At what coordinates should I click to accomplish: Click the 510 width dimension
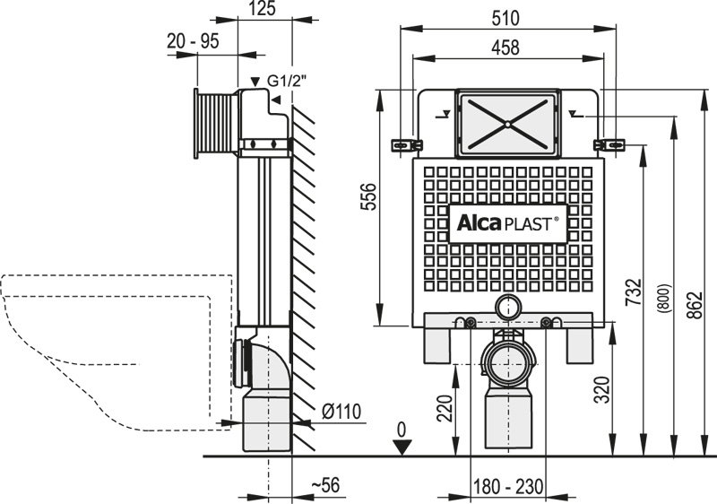505,18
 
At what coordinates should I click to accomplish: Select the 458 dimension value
505,48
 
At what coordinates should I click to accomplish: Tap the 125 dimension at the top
263,9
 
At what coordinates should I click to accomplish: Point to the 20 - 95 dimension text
193,41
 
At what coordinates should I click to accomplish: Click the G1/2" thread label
286,82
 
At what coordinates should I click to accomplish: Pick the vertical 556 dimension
368,196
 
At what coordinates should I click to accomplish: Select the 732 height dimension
634,292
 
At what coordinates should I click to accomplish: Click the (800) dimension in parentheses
664,299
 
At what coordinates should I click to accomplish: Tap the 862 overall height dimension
695,305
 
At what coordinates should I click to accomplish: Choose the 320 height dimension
602,390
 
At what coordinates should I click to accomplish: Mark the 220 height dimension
445,408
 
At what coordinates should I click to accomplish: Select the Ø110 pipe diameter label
341,411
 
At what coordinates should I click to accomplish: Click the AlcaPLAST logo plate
507,223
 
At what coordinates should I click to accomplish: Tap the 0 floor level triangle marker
402,447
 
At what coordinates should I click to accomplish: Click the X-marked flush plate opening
507,124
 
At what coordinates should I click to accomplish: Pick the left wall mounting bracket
406,145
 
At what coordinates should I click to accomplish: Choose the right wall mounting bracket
609,144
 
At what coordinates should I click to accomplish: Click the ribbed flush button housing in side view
215,124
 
